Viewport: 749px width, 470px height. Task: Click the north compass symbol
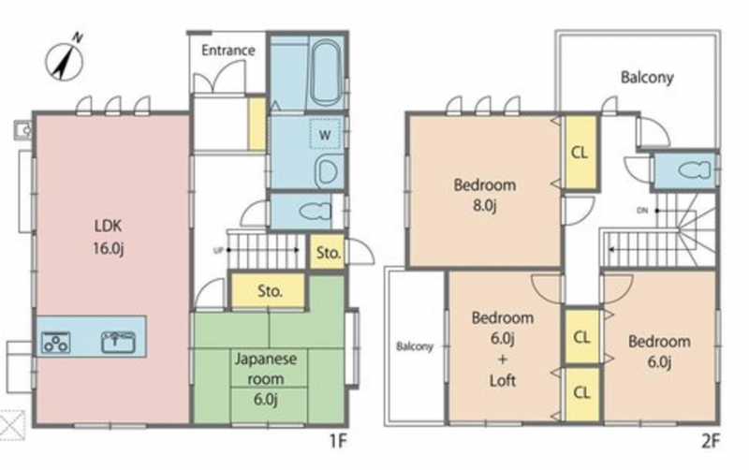pos(65,59)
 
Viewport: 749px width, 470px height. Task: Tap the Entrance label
pos(228,51)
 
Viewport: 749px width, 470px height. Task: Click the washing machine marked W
pos(325,134)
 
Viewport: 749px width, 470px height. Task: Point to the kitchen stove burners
pos(56,342)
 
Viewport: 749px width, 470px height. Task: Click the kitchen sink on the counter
pos(118,342)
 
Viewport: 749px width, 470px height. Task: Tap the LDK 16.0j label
pos(109,237)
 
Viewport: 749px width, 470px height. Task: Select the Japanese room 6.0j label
pos(265,379)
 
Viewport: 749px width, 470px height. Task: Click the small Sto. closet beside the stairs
pos(329,252)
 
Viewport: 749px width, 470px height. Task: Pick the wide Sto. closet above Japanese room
pos(268,290)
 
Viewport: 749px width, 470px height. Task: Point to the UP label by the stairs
pos(218,250)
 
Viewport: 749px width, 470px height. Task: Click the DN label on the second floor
pos(642,210)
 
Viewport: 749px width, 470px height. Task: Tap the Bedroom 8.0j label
pos(484,195)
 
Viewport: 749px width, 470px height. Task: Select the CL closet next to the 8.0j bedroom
pos(580,153)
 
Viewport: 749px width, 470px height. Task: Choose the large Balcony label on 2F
pos(647,77)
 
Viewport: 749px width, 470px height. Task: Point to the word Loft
pos(503,380)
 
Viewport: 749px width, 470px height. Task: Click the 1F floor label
pos(337,442)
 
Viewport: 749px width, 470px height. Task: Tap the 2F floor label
pos(710,442)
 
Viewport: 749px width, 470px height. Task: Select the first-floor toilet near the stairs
pos(315,211)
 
